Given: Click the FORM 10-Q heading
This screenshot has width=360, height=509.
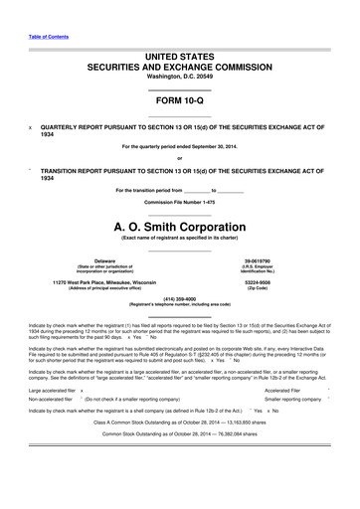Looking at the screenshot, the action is [x=179, y=102].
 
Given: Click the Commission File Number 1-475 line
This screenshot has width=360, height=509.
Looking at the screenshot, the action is [x=179, y=203].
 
